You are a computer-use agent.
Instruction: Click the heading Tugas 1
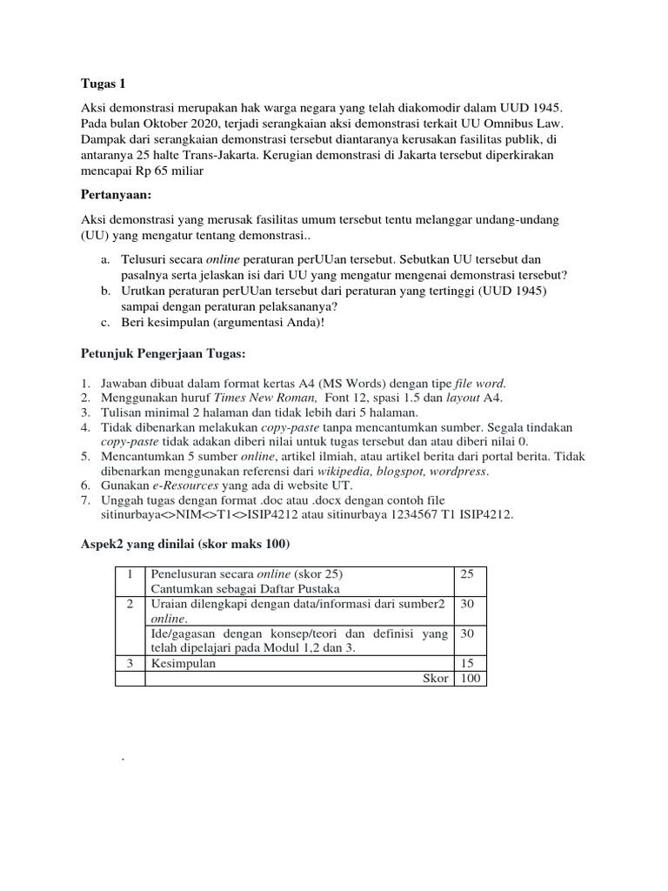click(x=103, y=84)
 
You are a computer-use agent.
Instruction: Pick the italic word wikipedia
click(x=315, y=472)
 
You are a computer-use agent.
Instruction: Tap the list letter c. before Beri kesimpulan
click(x=104, y=323)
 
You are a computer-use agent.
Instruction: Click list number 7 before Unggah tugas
click(x=84, y=501)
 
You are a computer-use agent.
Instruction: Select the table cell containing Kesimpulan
click(x=184, y=663)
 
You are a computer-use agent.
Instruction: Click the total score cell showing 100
click(x=471, y=678)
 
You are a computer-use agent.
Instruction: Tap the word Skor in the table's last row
click(x=435, y=678)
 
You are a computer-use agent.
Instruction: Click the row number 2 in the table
click(x=130, y=605)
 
